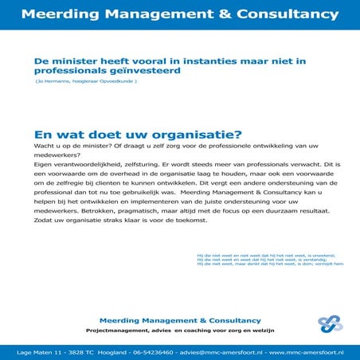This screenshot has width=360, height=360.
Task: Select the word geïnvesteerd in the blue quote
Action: [x=146, y=70]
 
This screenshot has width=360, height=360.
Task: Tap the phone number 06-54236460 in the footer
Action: [x=158, y=351]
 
